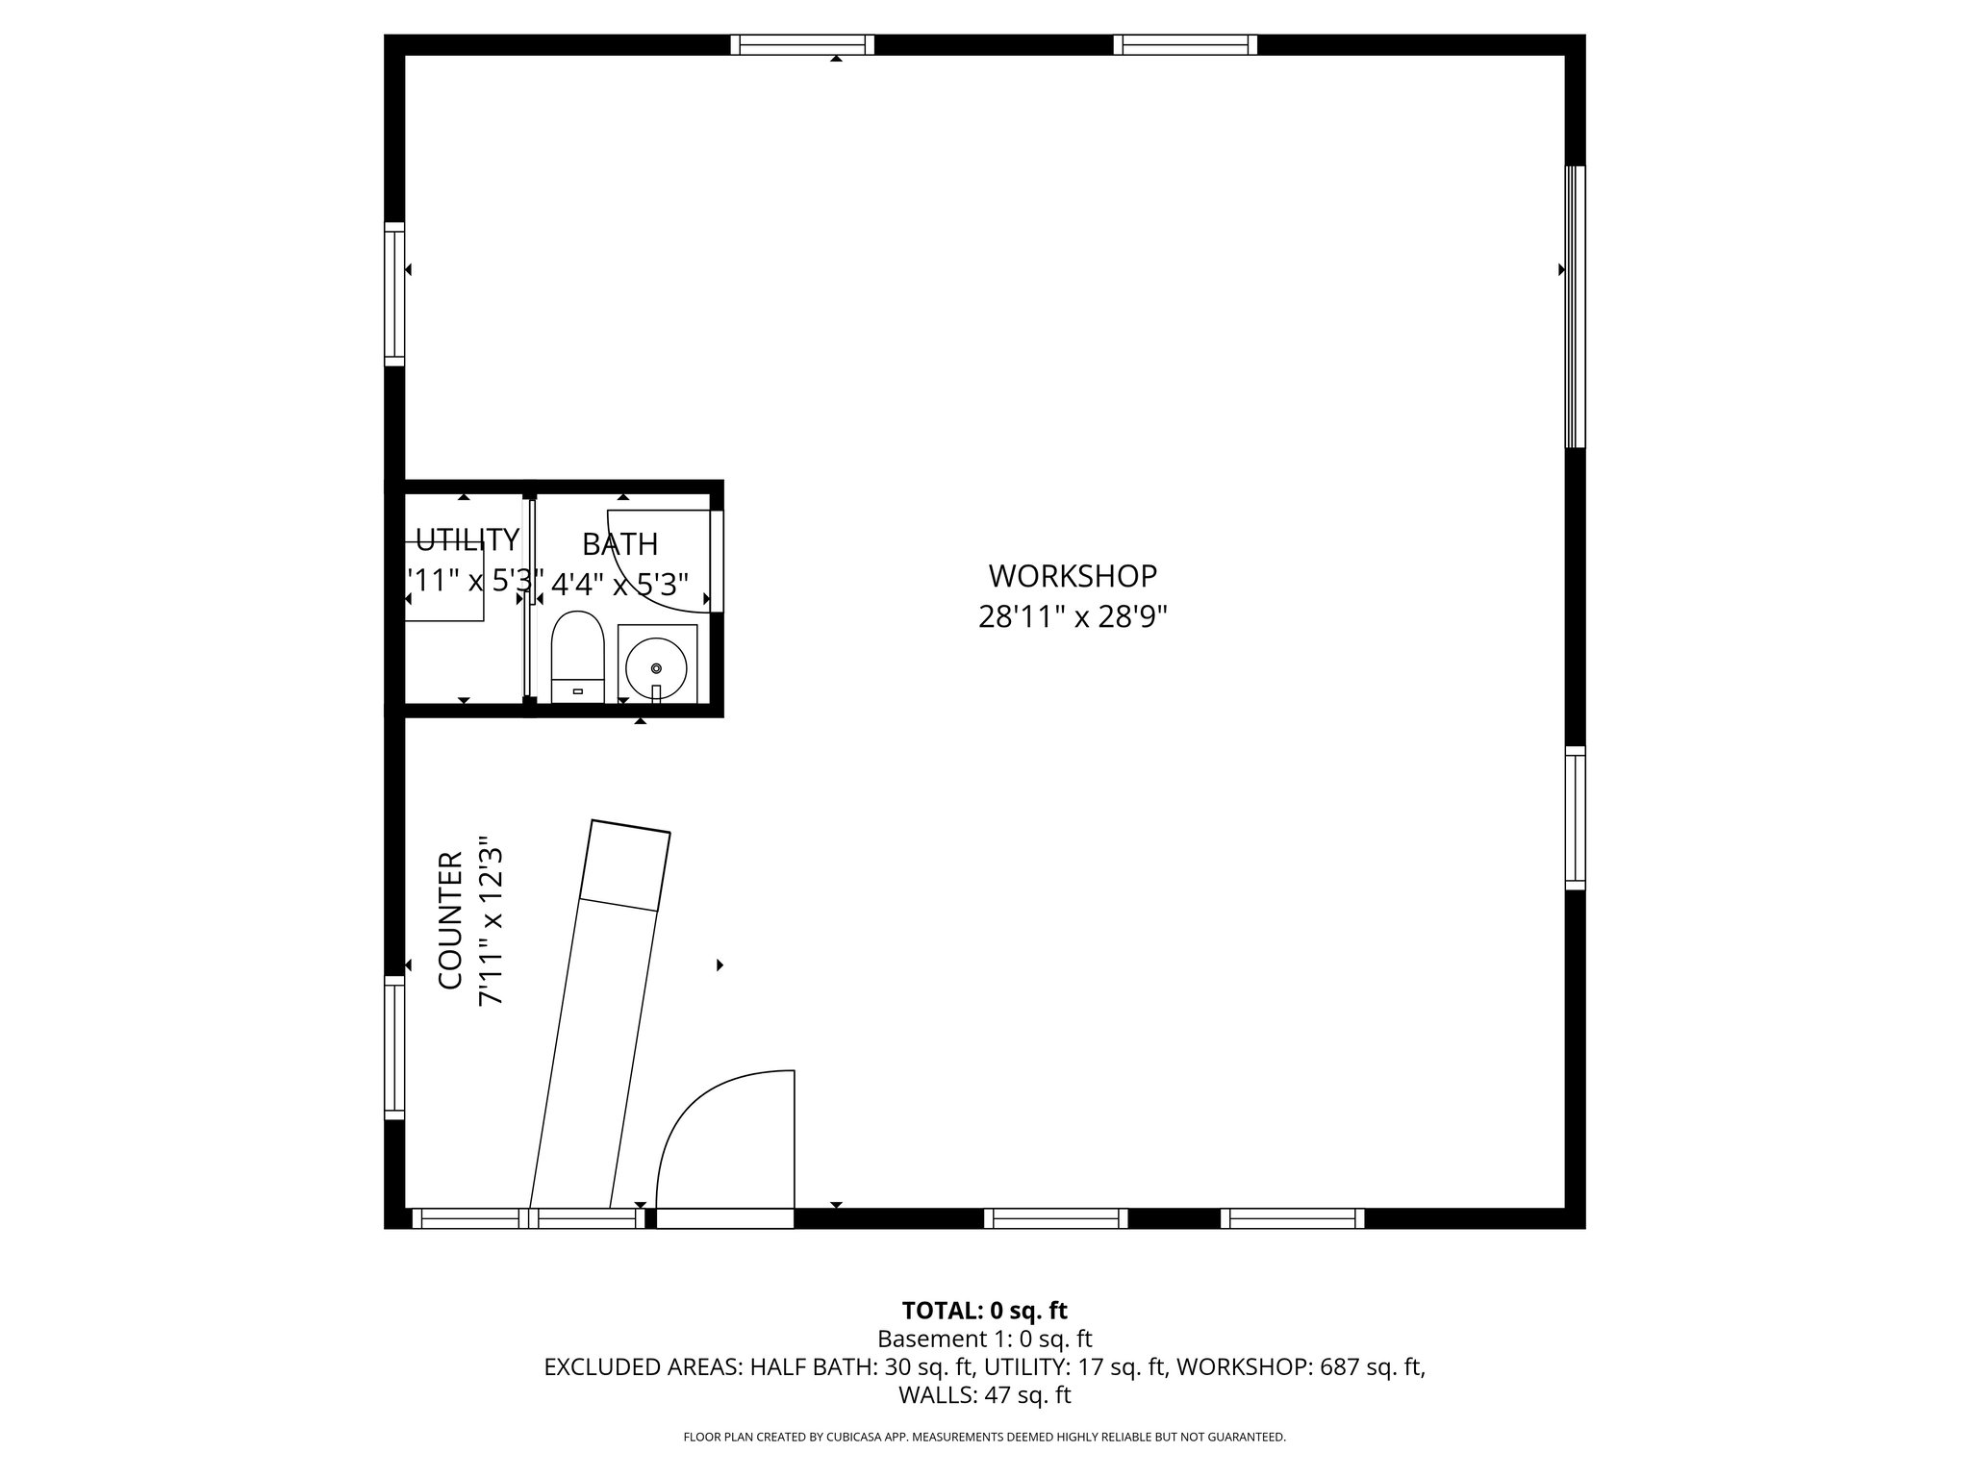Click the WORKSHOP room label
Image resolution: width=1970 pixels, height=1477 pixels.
pos(1073,576)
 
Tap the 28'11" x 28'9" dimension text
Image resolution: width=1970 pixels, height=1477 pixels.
pos(1073,616)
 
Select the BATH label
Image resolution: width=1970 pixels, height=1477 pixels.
pos(619,544)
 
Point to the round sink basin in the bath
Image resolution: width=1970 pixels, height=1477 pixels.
pos(656,667)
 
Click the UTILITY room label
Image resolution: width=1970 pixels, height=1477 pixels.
pos(467,539)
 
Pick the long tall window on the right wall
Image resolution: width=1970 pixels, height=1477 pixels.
pos(1575,307)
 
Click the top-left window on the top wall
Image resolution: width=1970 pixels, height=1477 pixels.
pos(802,44)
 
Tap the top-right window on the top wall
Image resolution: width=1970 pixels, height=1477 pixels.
pos(1185,44)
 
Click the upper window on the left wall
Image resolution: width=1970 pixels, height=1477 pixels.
pos(394,294)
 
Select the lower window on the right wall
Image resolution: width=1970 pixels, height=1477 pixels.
pos(1575,817)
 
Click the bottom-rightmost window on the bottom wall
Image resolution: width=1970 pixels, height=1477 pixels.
pos(1292,1218)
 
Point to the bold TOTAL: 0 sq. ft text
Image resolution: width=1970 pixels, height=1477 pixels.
pos(984,1311)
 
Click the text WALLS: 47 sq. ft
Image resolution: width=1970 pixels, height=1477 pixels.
pos(984,1395)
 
